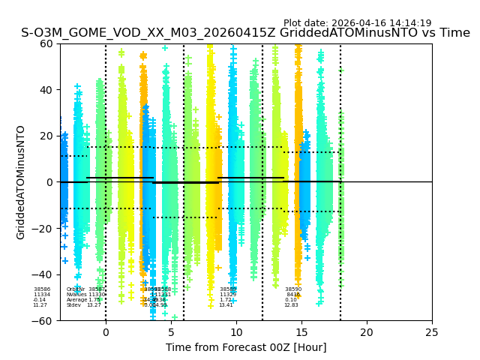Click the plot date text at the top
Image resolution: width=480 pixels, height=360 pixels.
pyautogui.click(x=357, y=23)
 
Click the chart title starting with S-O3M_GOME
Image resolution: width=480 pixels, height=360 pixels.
pyautogui.click(x=245, y=33)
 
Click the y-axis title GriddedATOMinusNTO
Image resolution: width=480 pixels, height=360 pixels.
pyautogui.click(x=21, y=182)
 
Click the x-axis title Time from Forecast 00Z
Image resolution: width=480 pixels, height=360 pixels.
pyautogui.click(x=246, y=347)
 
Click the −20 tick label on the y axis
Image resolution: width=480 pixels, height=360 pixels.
pyautogui.click(x=44, y=228)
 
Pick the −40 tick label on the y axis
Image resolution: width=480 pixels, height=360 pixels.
pyautogui.click(x=44, y=274)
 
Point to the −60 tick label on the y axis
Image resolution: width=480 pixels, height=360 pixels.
pyautogui.click(x=44, y=321)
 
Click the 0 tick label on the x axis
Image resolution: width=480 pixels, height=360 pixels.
pyautogui.click(x=106, y=331)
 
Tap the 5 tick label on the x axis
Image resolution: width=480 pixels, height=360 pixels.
pyautogui.click(x=171, y=331)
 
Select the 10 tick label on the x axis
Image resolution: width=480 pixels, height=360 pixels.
pyautogui.click(x=236, y=331)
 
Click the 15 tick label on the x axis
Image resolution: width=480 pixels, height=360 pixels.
pyautogui.click(x=301, y=331)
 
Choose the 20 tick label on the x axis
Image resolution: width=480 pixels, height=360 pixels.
pyautogui.click(x=367, y=331)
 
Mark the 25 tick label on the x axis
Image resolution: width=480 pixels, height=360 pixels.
pyautogui.click(x=432, y=331)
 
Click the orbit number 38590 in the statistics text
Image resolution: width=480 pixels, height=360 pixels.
pyautogui.click(x=293, y=289)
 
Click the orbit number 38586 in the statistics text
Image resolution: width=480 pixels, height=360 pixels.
pyautogui.click(x=42, y=289)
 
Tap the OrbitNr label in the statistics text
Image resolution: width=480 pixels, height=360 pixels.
pyautogui.click(x=74, y=289)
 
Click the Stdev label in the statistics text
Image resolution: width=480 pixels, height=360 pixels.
pyautogui.click(x=73, y=305)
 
